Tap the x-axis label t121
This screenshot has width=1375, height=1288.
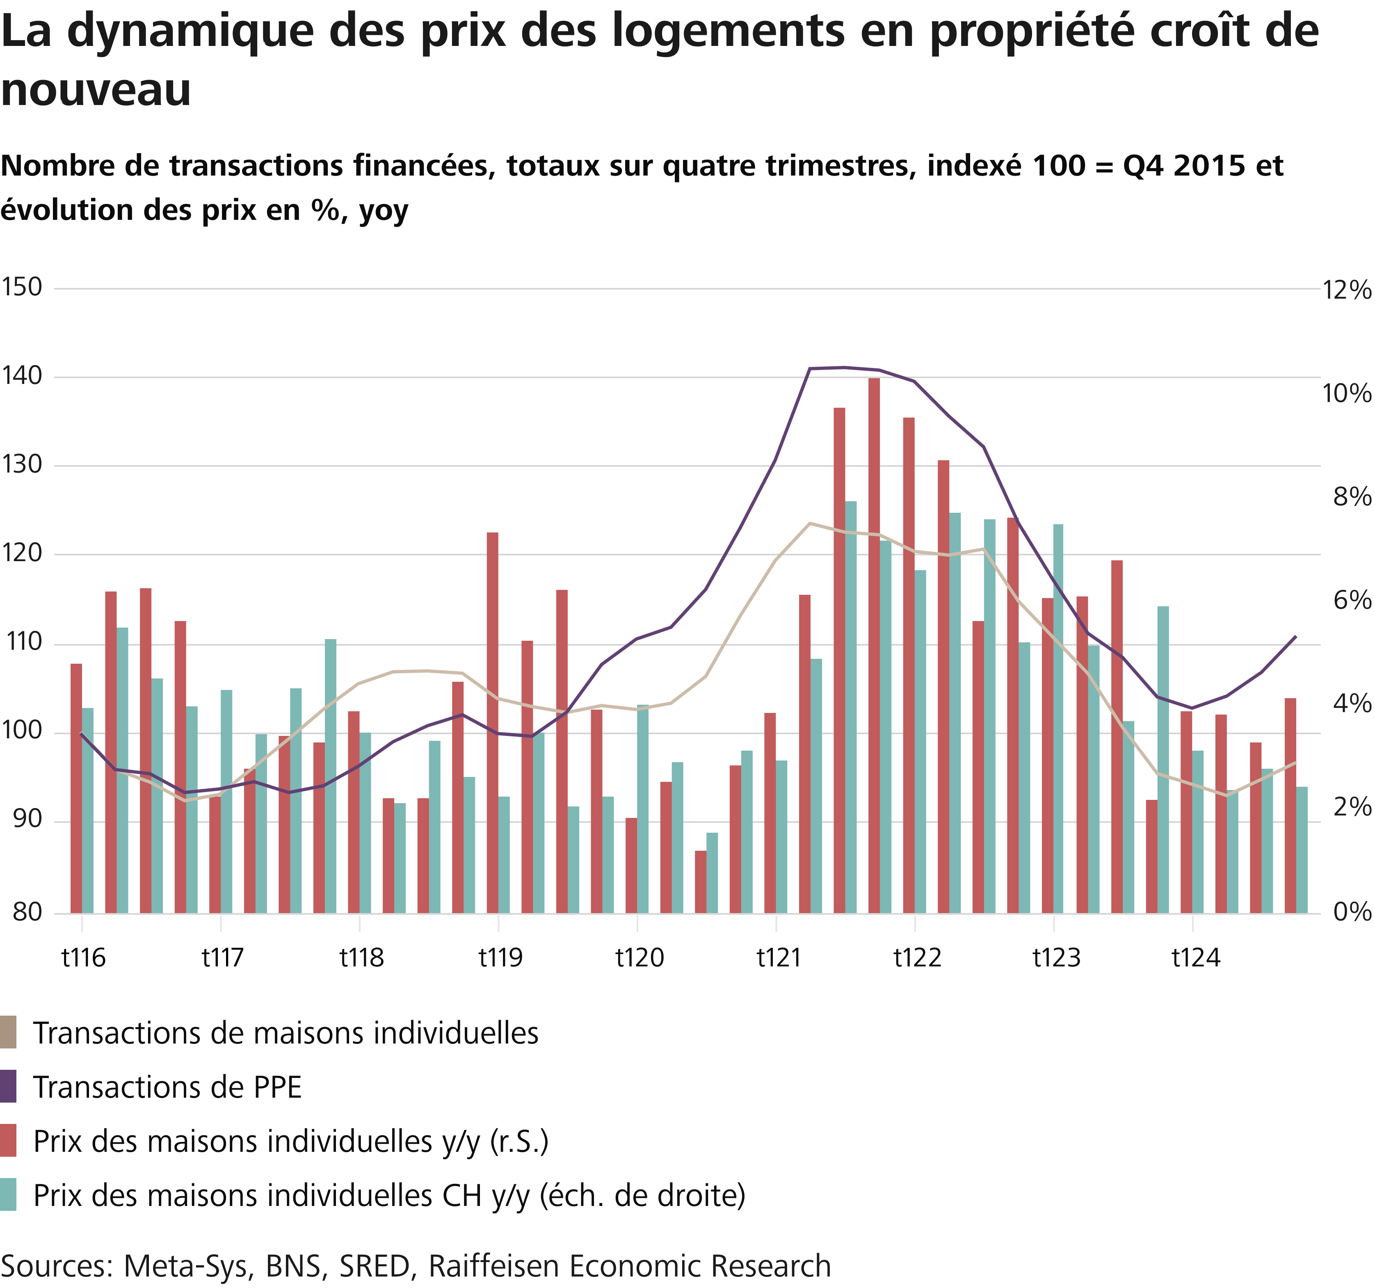click(779, 958)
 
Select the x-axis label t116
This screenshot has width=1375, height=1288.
click(84, 958)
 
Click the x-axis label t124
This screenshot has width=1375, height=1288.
click(1196, 958)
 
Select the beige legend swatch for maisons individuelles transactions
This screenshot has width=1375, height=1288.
click(8, 1033)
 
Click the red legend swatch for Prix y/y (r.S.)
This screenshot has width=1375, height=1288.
click(8, 1141)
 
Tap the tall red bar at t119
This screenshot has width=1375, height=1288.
click(493, 719)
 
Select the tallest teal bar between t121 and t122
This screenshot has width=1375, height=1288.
click(851, 706)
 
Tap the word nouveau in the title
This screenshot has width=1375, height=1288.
click(96, 90)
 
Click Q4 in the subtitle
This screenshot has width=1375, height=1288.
click(1142, 166)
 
